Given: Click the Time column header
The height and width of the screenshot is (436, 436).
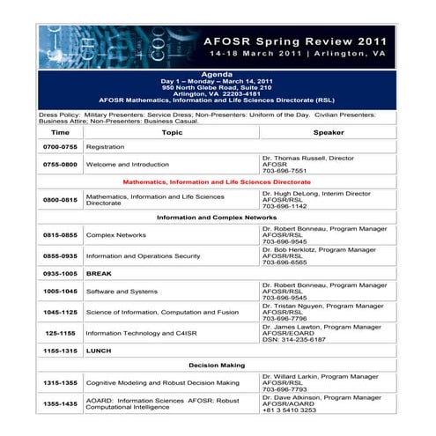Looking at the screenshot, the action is [61, 132].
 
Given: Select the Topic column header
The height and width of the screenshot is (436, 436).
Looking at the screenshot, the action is [172, 132].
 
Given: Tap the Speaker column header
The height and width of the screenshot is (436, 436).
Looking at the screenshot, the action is [329, 132].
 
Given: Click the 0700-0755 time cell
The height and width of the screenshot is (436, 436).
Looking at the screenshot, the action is [61, 147].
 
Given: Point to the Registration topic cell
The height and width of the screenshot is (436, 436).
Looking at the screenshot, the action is [105, 147].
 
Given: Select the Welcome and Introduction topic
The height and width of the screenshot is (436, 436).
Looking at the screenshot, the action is [127, 165].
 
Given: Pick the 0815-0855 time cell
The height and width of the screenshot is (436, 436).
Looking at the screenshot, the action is [61, 236].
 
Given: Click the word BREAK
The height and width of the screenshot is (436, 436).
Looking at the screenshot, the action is [98, 274].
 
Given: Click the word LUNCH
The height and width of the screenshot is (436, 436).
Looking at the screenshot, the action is [98, 350].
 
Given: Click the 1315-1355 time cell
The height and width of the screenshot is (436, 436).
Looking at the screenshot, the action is [61, 383].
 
